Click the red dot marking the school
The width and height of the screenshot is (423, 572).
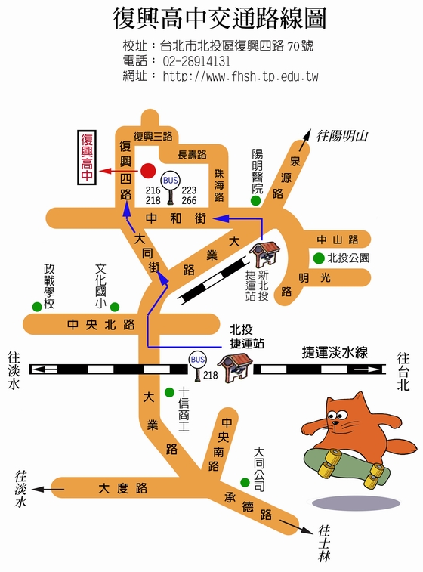[148, 170]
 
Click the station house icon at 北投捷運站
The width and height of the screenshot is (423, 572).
[233, 366]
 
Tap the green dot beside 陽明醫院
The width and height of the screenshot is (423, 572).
[256, 202]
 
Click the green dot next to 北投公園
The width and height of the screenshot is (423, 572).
[319, 257]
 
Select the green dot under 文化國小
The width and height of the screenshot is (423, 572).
[115, 306]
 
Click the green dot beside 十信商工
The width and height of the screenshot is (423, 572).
[181, 392]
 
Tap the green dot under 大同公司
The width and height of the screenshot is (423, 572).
[245, 482]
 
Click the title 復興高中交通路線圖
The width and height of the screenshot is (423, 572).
[219, 18]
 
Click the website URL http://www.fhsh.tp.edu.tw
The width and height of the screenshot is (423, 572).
[240, 76]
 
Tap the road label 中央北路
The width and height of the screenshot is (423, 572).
[100, 325]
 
